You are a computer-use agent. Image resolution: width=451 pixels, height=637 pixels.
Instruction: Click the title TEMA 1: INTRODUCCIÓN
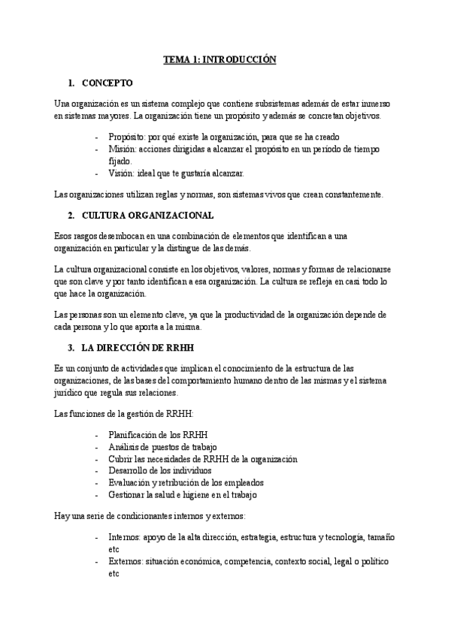click(x=221, y=59)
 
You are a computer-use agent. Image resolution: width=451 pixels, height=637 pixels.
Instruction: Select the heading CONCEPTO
click(x=107, y=82)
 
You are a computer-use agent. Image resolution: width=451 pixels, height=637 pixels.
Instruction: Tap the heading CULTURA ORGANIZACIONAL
click(x=142, y=216)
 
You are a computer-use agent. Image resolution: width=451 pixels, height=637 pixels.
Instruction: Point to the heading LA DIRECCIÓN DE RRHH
click(x=135, y=347)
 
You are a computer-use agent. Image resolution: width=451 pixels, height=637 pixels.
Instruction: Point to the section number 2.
click(x=71, y=216)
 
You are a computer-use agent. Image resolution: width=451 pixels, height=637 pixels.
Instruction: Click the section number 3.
click(x=71, y=347)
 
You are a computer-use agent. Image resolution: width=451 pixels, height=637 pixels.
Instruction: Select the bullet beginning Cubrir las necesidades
click(x=192, y=459)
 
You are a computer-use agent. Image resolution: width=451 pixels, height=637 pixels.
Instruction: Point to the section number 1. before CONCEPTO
click(x=71, y=82)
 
